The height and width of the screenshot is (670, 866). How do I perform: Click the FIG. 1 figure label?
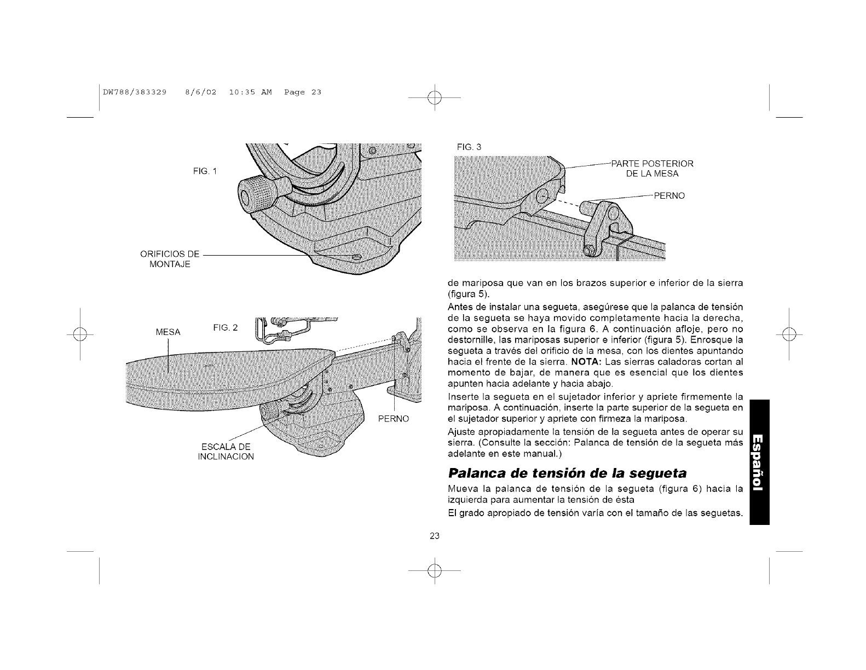click(x=205, y=171)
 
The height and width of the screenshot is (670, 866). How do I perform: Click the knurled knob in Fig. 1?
click(x=255, y=192)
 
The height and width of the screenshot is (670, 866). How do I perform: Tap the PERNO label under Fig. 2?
click(x=394, y=419)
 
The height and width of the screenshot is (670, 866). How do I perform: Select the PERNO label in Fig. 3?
click(x=669, y=195)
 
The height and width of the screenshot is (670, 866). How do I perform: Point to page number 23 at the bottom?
click(x=435, y=535)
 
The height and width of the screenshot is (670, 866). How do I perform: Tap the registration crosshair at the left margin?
click(x=80, y=334)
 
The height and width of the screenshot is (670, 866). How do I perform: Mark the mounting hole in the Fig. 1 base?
click(x=356, y=257)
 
